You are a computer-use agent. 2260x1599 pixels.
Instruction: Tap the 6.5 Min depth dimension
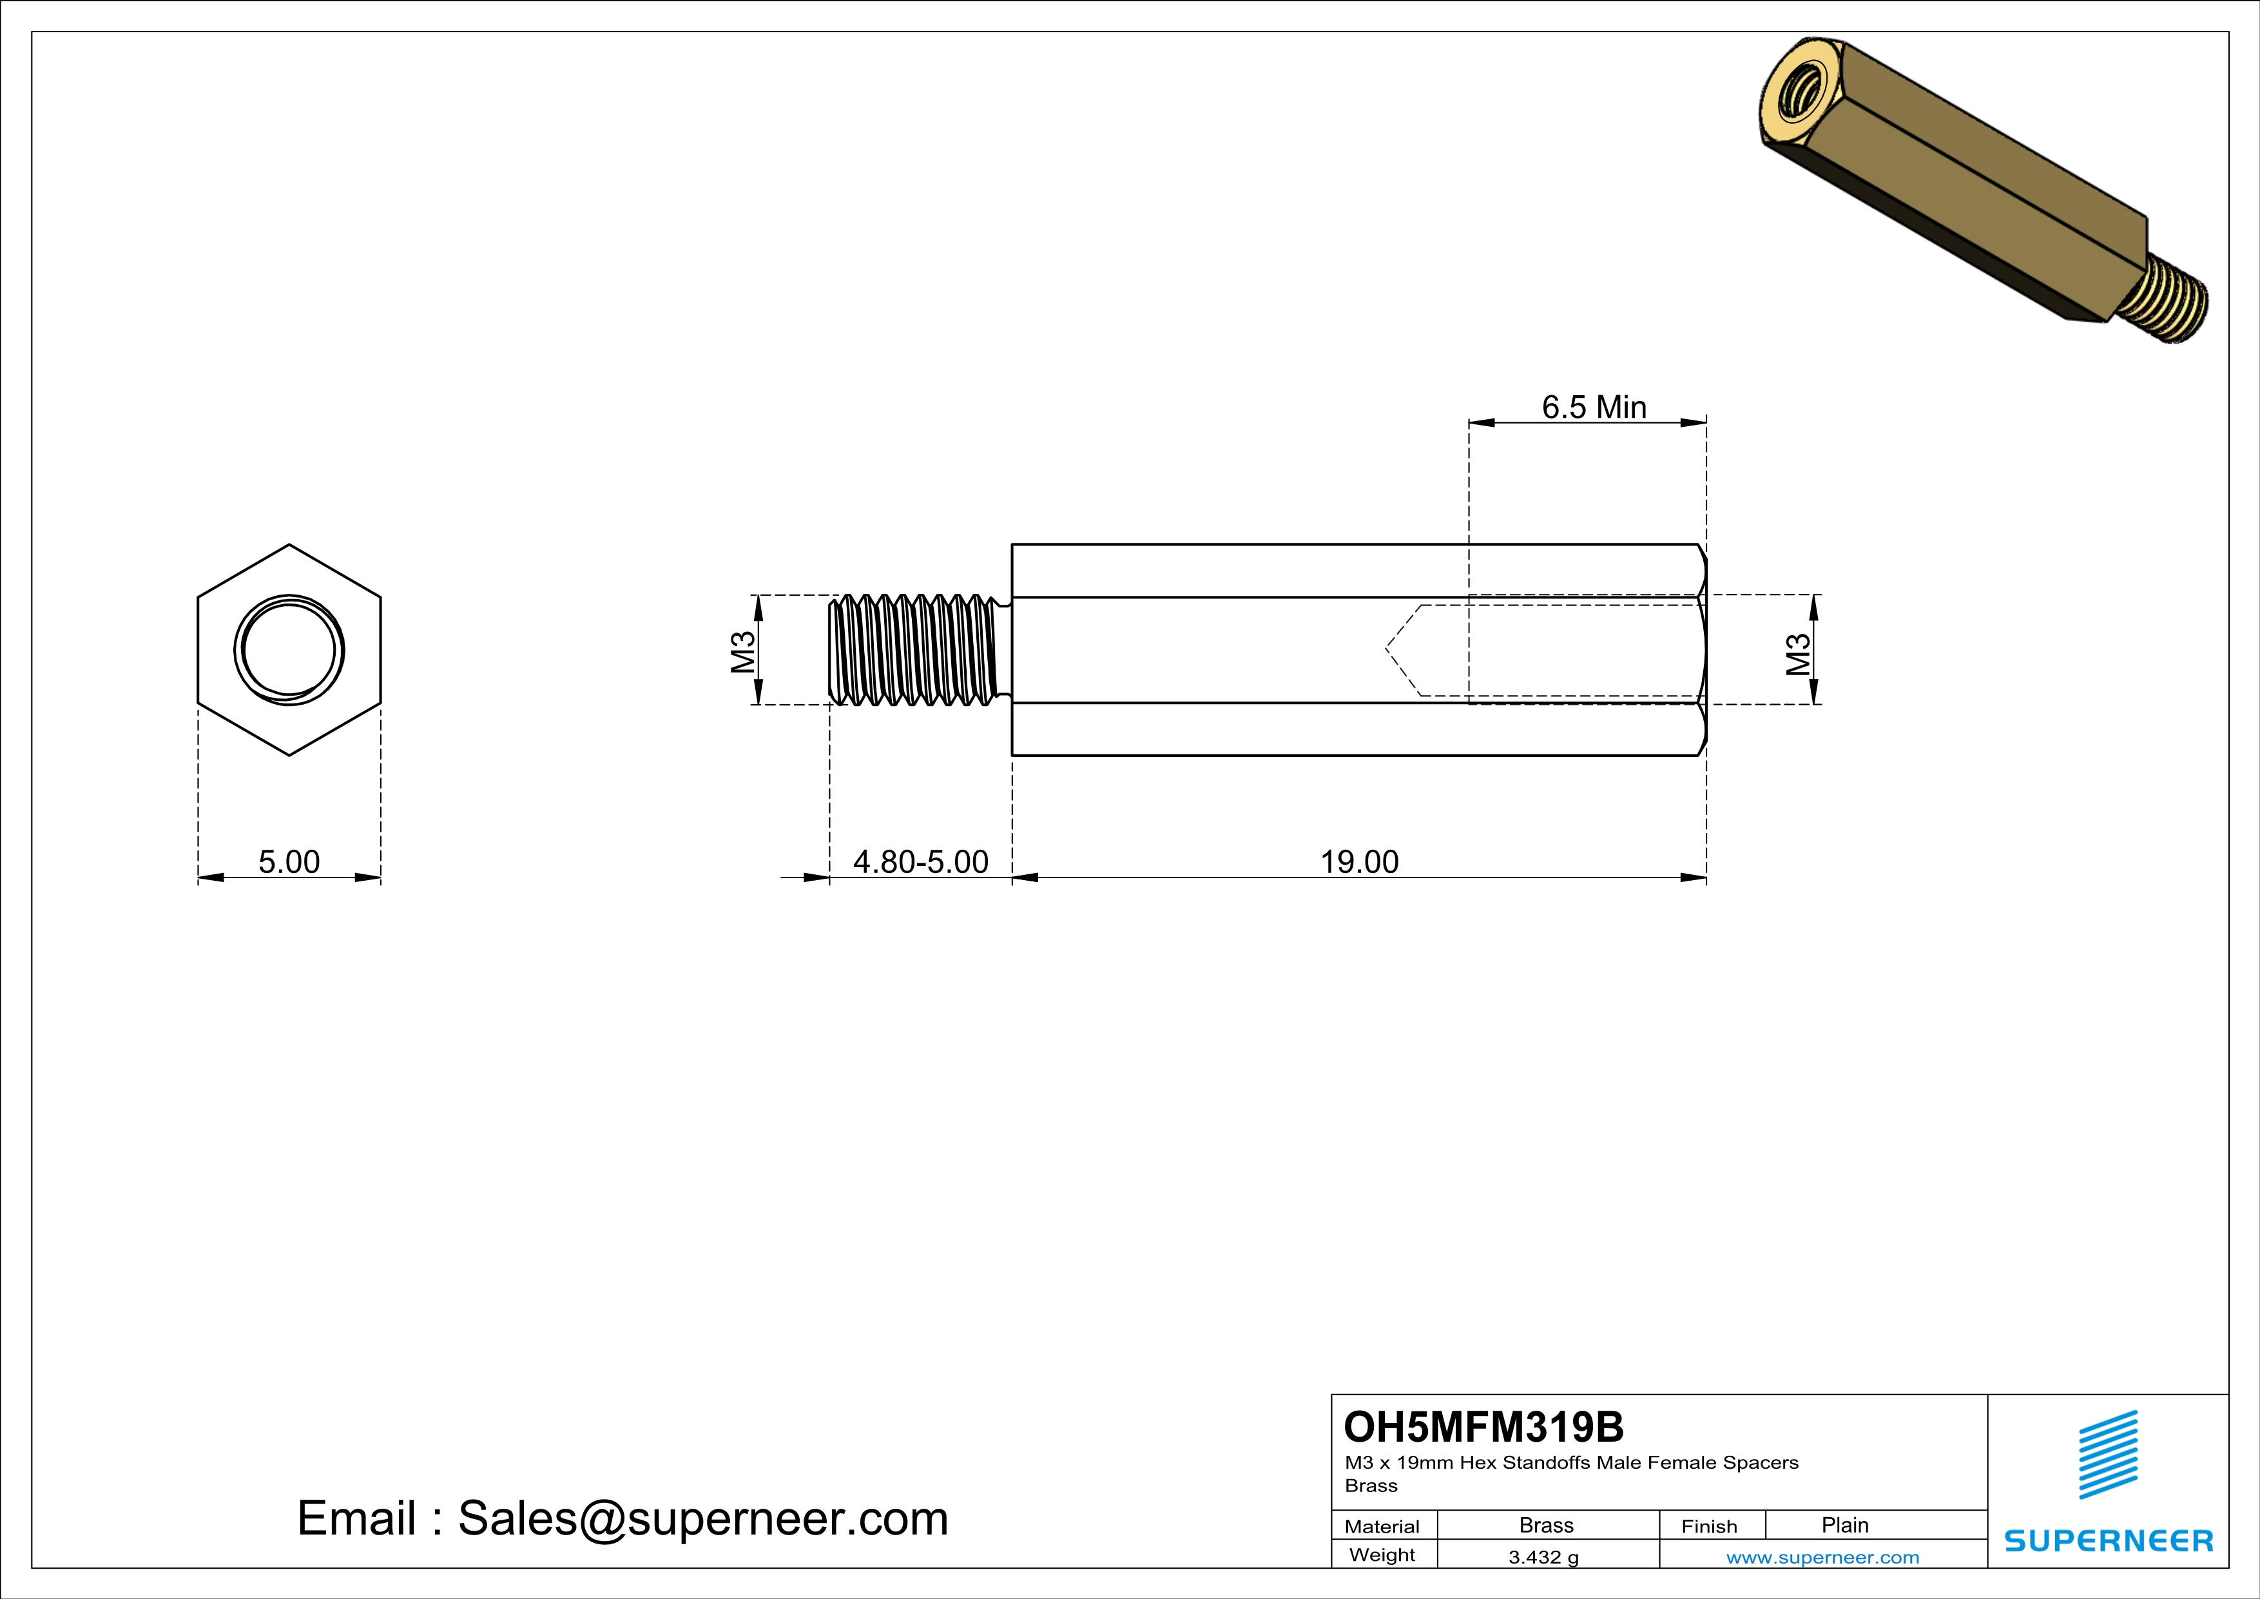click(1594, 407)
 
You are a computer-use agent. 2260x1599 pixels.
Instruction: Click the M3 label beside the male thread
click(743, 650)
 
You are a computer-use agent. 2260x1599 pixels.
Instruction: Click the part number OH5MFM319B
click(1483, 1427)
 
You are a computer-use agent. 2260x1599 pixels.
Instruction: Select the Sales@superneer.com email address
click(703, 1518)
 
